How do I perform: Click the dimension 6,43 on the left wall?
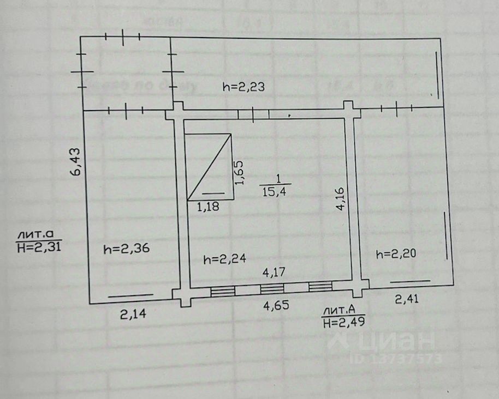coord(77,162)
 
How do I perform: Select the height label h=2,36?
coord(127,249)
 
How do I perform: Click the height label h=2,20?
coord(397,253)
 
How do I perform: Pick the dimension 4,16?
coord(340,199)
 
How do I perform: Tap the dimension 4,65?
coord(276,305)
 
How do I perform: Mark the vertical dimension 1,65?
coord(239,172)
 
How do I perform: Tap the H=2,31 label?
coord(38,246)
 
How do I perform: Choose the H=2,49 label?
coord(343,322)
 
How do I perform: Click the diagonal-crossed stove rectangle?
coord(209,166)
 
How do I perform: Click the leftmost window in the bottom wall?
coord(223,292)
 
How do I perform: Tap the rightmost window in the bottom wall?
coord(320,287)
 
